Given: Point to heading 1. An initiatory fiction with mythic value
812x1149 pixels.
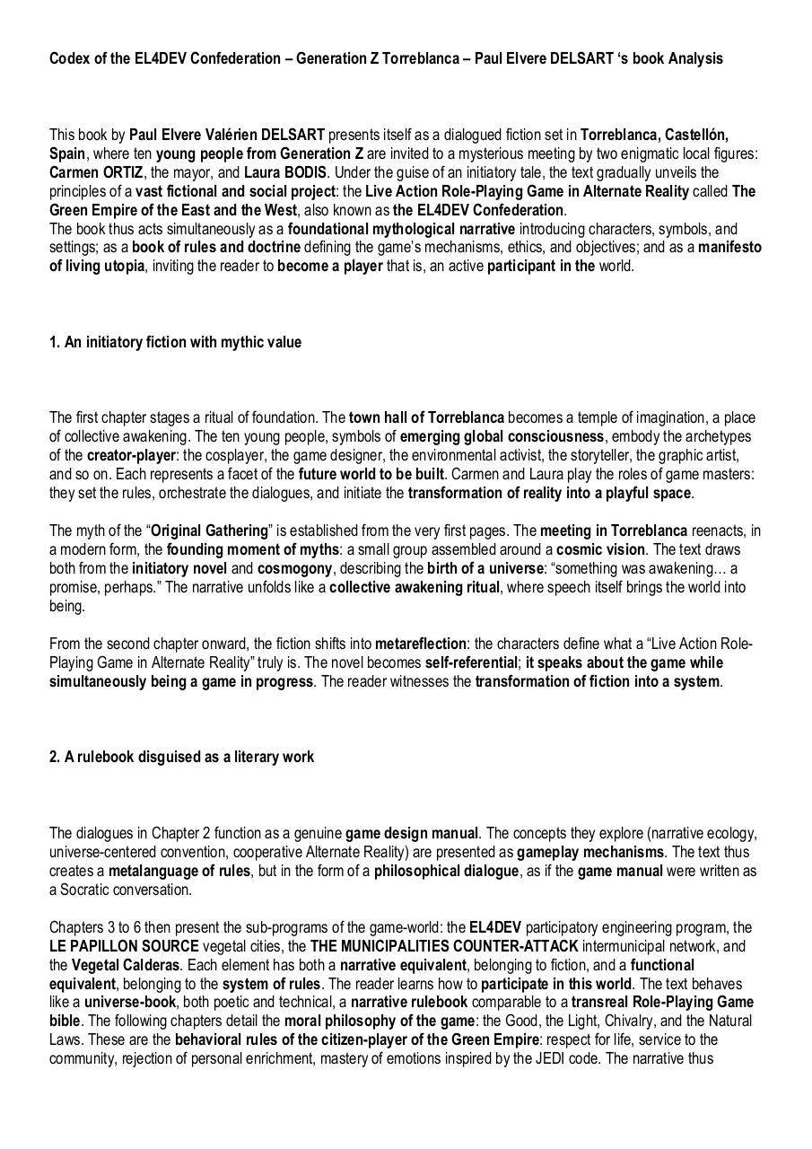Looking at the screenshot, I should (175, 342).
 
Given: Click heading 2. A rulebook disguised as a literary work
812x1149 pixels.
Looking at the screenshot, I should (181, 757).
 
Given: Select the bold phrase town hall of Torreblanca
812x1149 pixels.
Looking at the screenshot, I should (426, 417).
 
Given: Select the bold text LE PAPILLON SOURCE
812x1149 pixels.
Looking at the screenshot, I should (124, 946).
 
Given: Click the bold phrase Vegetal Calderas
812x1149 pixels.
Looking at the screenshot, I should (126, 965).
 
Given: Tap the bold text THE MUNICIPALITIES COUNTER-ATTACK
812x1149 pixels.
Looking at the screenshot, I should (444, 946).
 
